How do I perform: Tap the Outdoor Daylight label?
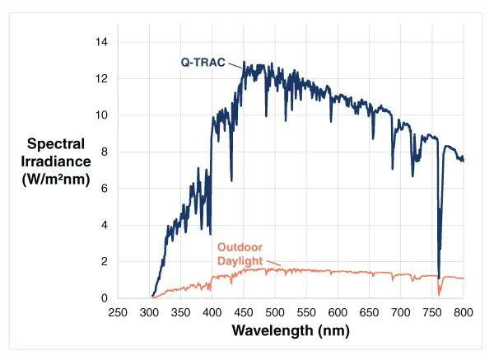244,254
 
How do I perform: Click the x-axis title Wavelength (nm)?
290,331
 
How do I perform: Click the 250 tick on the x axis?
118,312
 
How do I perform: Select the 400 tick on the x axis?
212,312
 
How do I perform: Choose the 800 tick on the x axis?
464,312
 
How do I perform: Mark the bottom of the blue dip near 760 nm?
439,278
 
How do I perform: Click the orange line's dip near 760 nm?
440,294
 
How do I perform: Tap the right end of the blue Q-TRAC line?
464,159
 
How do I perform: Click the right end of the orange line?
464,278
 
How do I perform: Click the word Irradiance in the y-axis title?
53,161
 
